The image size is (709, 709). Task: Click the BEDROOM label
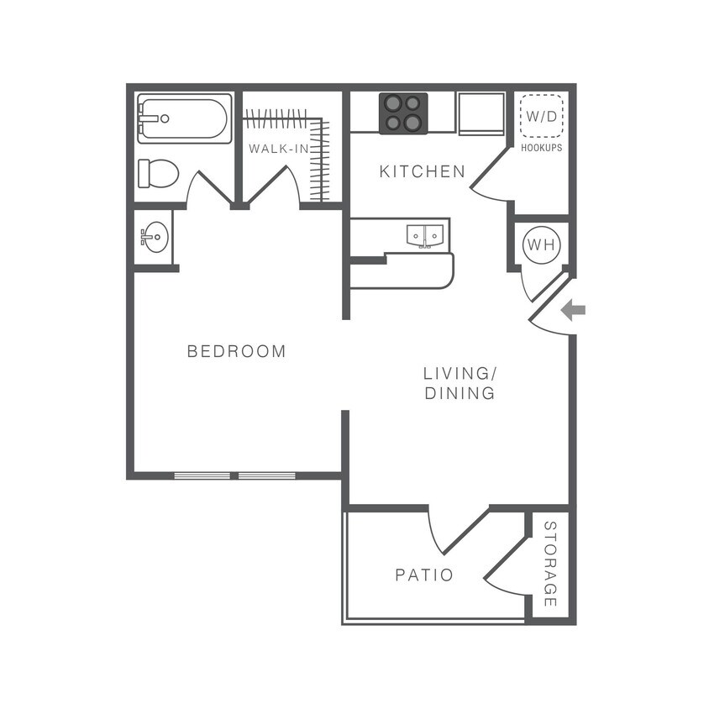(236, 351)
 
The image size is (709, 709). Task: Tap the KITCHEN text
(422, 171)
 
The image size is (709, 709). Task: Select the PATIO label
(424, 575)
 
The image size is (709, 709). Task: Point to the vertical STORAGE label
(550, 565)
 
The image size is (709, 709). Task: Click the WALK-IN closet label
(276, 149)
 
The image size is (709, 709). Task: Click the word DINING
(459, 392)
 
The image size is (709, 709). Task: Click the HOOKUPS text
(541, 147)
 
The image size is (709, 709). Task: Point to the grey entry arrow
(573, 311)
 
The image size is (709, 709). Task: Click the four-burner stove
(403, 113)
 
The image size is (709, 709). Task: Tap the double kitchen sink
(424, 236)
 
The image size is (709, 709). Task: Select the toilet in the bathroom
(159, 174)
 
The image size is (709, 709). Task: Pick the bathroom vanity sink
(154, 238)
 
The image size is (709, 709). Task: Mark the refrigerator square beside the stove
(479, 113)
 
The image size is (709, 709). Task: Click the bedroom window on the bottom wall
(235, 476)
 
